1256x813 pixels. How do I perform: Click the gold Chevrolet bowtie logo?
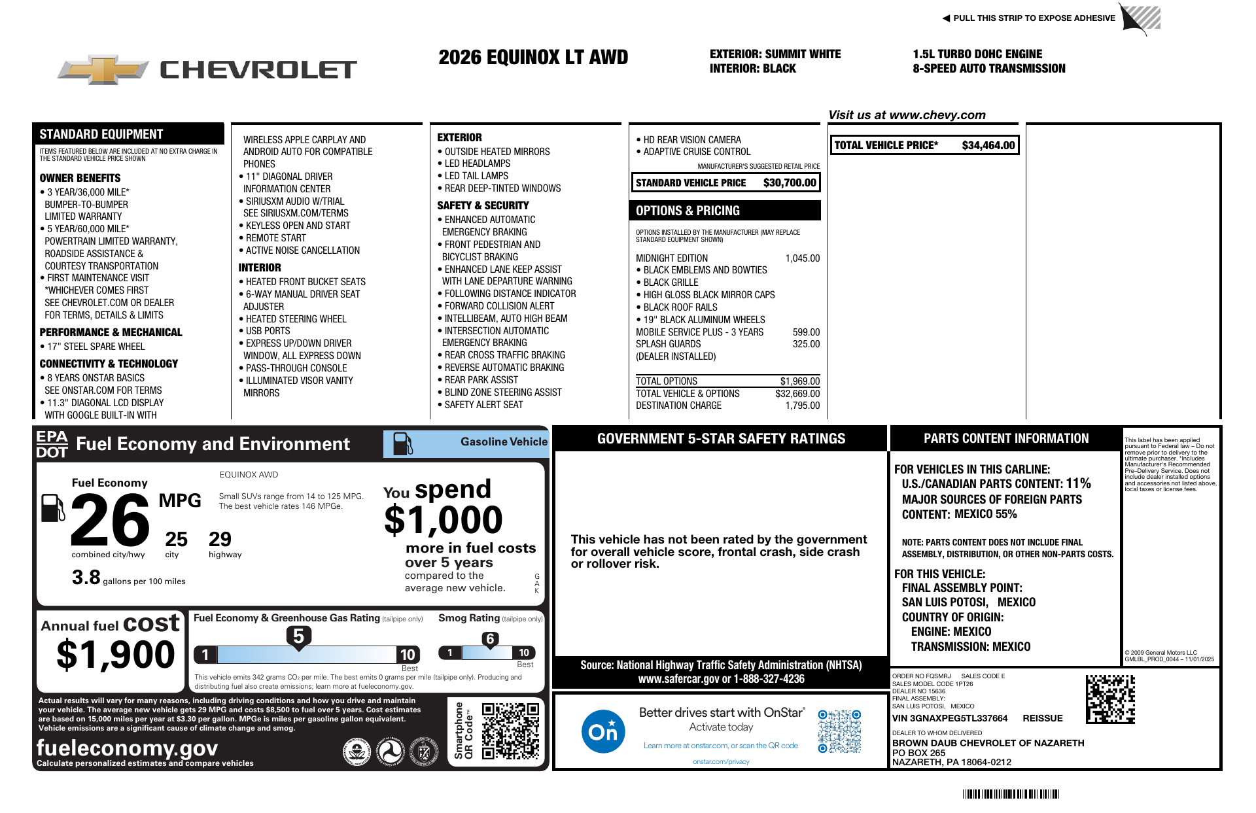coord(103,69)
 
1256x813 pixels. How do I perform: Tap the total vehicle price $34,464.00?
coord(988,145)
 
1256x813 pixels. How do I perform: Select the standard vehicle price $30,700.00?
coord(790,183)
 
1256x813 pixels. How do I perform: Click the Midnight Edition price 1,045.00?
coord(802,258)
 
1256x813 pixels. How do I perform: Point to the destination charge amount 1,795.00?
coord(802,406)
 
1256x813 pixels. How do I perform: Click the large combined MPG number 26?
coord(110,520)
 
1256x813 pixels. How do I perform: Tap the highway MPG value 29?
coord(220,540)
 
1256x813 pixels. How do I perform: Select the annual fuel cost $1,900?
coord(116,655)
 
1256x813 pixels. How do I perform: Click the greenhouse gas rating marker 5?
coord(298,636)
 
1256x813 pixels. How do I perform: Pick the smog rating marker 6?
coord(490,639)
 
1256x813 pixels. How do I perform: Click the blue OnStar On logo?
coord(602,731)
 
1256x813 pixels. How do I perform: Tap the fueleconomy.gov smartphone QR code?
coord(510,731)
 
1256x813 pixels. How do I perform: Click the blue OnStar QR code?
coord(839,731)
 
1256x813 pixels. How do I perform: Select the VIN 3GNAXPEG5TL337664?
coord(950,718)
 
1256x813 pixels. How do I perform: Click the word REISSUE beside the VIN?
coord(1043,718)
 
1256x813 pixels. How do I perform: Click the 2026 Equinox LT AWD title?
coord(533,58)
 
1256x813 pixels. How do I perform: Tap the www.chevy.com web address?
coord(937,115)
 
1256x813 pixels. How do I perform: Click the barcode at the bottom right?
coord(1011,794)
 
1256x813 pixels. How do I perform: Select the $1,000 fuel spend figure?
coord(444,520)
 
